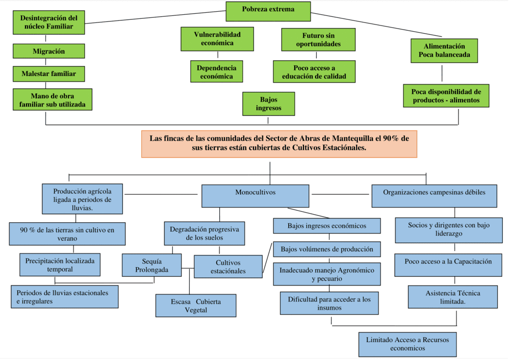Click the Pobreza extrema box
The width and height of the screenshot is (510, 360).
268,9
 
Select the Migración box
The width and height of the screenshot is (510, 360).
48,52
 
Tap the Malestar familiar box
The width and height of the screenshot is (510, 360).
48,74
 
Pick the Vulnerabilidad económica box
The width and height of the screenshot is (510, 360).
217,39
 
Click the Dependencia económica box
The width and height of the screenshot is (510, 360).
216,72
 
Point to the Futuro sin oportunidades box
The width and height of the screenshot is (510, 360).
318,40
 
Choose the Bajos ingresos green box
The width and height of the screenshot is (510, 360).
268,104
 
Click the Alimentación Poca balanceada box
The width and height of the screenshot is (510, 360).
444,50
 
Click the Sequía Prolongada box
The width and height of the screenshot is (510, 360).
151,265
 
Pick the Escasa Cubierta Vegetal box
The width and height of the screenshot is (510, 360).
196,305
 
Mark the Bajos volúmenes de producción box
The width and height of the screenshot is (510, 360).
327,249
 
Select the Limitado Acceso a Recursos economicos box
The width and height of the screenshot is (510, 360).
407,344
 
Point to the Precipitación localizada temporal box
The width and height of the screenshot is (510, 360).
60,264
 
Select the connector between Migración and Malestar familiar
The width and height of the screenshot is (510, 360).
46,62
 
